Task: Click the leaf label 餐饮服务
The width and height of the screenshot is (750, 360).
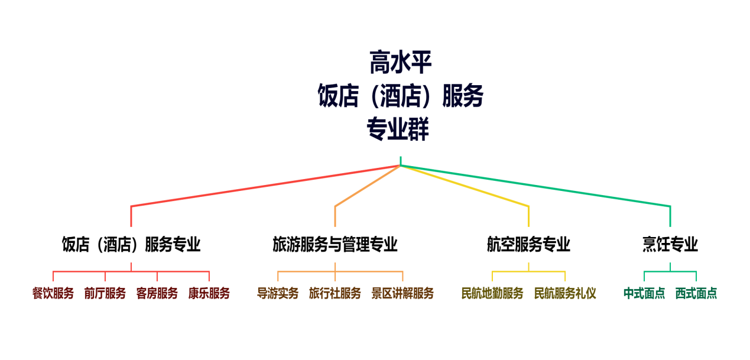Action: tap(53, 293)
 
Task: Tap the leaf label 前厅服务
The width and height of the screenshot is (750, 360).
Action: tap(105, 293)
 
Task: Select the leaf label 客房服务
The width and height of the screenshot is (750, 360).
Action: tap(157, 293)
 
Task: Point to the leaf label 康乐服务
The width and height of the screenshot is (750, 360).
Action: tap(209, 293)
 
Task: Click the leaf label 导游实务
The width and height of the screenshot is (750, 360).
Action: tap(278, 293)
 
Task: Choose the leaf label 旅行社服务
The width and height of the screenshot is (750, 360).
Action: tap(335, 293)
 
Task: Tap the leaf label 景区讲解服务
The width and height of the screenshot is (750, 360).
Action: tap(402, 293)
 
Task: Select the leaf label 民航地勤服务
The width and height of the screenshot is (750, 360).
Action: tap(492, 293)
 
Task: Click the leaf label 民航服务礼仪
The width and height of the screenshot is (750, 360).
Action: tap(565, 293)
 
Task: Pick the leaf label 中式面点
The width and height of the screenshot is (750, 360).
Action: tap(644, 293)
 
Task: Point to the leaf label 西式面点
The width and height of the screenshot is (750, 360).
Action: tap(696, 293)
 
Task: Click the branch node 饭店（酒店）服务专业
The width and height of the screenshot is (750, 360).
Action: tap(131, 244)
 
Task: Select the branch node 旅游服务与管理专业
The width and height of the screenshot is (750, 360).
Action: tap(335, 244)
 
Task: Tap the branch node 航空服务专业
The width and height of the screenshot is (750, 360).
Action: tap(528, 244)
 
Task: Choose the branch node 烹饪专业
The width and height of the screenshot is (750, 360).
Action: tap(670, 244)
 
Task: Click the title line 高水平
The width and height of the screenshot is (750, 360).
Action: tap(401, 62)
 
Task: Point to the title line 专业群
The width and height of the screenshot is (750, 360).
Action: tap(398, 129)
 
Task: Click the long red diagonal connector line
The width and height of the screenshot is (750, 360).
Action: tap(265, 186)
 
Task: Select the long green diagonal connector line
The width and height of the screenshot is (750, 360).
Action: tap(535, 186)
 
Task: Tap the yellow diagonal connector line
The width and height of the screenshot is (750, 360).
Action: tap(465, 186)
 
